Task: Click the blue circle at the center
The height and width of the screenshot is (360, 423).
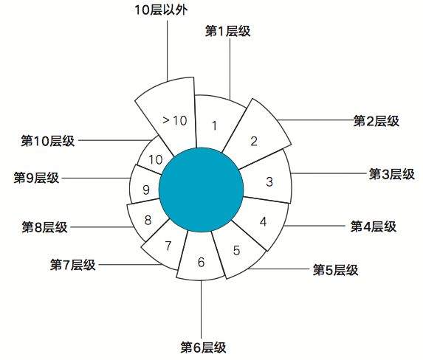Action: click(x=201, y=190)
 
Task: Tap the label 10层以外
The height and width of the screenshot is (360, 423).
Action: click(x=161, y=10)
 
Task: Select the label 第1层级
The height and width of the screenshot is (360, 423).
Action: click(x=227, y=31)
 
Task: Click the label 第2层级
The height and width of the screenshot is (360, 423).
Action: click(x=376, y=120)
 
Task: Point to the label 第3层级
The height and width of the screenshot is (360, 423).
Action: click(x=392, y=174)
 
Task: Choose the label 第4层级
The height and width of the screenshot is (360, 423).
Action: click(x=374, y=226)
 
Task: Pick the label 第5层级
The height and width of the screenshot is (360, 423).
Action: click(x=335, y=270)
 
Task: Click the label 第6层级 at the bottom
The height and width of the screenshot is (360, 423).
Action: click(x=203, y=347)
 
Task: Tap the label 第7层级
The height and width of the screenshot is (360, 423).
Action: click(x=73, y=265)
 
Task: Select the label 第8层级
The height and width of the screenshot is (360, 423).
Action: click(x=44, y=227)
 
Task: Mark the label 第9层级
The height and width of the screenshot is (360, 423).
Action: click(x=36, y=178)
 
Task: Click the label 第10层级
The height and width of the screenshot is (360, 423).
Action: click(x=48, y=141)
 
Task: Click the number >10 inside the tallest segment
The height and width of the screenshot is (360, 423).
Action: click(x=175, y=120)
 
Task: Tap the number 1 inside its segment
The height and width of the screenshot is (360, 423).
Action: click(x=215, y=125)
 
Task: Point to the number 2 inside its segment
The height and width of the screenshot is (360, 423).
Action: click(x=254, y=142)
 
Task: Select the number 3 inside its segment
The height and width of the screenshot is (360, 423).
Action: click(x=269, y=181)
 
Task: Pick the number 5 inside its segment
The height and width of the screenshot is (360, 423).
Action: click(x=236, y=251)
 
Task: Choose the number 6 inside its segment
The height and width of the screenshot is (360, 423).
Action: click(x=202, y=262)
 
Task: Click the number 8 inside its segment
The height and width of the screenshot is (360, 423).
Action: click(x=148, y=220)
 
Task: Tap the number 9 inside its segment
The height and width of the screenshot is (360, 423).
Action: click(x=146, y=190)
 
